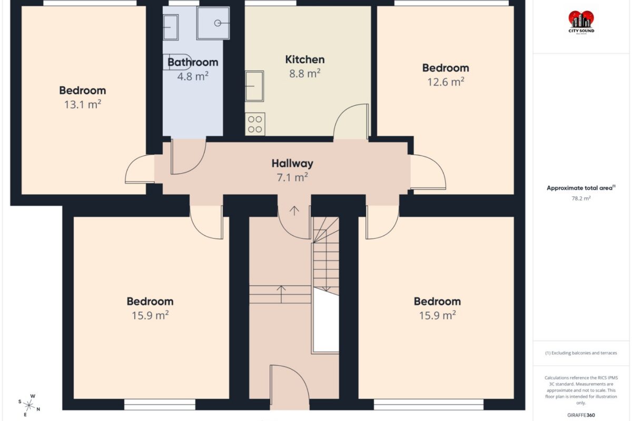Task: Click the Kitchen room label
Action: (305, 59)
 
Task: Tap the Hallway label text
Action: (292, 164)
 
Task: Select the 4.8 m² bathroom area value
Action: (193, 76)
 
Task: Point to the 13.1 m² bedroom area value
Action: (83, 104)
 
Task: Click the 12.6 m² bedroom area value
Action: (446, 82)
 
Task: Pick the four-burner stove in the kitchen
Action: (255, 124)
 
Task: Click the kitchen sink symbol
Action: (254, 86)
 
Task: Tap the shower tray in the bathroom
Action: (213, 23)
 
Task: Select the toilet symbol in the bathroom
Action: (177, 62)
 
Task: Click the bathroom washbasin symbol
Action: (171, 27)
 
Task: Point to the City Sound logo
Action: (581, 23)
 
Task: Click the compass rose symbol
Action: (29, 406)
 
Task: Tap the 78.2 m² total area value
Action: (581, 198)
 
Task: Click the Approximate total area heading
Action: (581, 188)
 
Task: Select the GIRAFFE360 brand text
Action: (581, 415)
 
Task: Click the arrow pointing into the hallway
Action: (294, 211)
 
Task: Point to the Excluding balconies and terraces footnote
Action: (581, 353)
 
